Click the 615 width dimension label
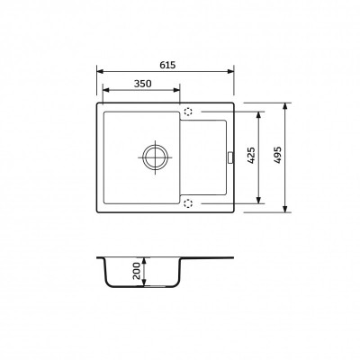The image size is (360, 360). (167, 65)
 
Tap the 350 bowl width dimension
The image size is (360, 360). (142, 84)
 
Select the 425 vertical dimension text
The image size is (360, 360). (252, 155)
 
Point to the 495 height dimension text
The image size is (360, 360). (277, 155)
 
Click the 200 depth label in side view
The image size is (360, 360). (137, 271)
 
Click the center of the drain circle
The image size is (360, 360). (155, 157)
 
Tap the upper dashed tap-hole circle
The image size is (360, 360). (188, 112)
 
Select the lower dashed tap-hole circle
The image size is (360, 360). (188, 203)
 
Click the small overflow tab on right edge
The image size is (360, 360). (230, 157)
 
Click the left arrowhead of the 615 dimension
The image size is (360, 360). (100, 71)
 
